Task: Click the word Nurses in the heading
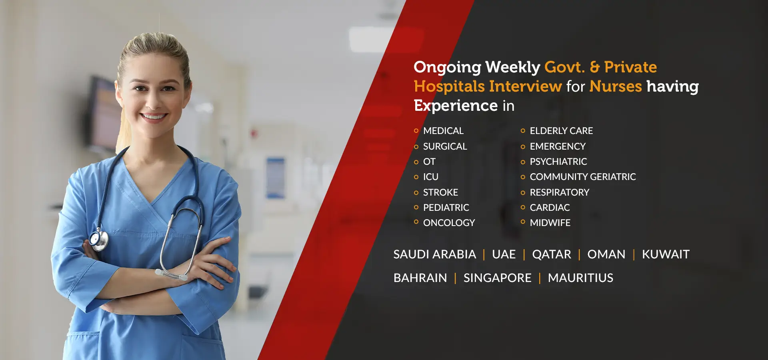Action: [x=616, y=86]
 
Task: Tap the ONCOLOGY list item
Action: [x=449, y=223]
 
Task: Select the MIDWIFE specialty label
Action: [x=550, y=223]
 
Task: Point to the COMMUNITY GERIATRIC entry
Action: [x=582, y=177]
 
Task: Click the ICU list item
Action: [x=430, y=177]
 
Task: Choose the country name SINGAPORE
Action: [x=497, y=278]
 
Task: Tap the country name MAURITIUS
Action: [x=580, y=278]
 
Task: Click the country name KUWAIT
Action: [x=666, y=254]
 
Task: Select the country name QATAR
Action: [x=551, y=254]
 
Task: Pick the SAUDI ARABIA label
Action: [x=434, y=254]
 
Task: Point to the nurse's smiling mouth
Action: [x=153, y=117]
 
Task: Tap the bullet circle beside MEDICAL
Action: [x=416, y=131]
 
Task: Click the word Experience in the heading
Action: [x=455, y=106]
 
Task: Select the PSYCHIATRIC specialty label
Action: [x=558, y=162]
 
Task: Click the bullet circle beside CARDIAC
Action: [x=523, y=207]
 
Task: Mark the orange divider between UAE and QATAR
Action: [x=524, y=254]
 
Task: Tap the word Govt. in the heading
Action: [x=564, y=67]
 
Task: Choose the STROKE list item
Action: [x=440, y=192]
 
